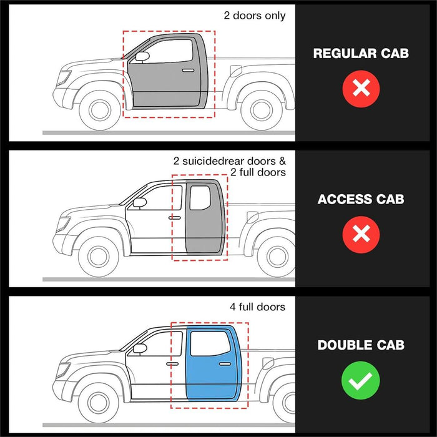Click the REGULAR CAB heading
click(x=361, y=53)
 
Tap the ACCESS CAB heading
click(x=361, y=199)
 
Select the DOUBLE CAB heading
click(x=361, y=345)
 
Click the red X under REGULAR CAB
click(x=361, y=89)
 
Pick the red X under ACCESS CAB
click(x=361, y=234)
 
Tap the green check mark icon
click(x=361, y=380)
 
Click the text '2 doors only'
click(x=255, y=16)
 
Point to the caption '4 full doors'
click(x=257, y=307)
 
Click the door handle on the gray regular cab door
click(x=188, y=70)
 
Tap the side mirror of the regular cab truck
click(x=142, y=57)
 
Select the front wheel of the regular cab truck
click(x=100, y=110)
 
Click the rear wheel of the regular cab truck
click(x=261, y=110)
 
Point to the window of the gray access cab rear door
click(x=200, y=198)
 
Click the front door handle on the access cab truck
click(x=174, y=218)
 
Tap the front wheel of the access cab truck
click(x=99, y=257)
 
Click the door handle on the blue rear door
click(x=225, y=364)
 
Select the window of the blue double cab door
click(x=210, y=344)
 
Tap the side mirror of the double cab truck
click(x=140, y=348)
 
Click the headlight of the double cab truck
click(x=62, y=370)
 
